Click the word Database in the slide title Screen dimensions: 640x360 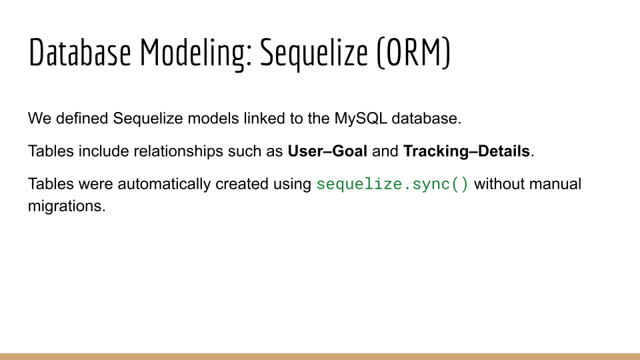click(80, 52)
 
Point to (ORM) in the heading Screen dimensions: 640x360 click(413, 53)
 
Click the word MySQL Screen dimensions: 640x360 click(361, 119)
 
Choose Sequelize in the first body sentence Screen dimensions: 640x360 click(148, 119)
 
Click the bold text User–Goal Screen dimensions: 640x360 click(327, 151)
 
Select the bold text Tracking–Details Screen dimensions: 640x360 click(467, 151)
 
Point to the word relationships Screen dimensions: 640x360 click(179, 151)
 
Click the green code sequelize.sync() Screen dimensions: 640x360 click(393, 185)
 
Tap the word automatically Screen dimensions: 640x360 click(164, 184)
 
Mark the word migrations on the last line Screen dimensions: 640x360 click(67, 206)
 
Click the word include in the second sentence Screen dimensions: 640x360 click(104, 151)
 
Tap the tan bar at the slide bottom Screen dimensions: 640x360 click(320, 356)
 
